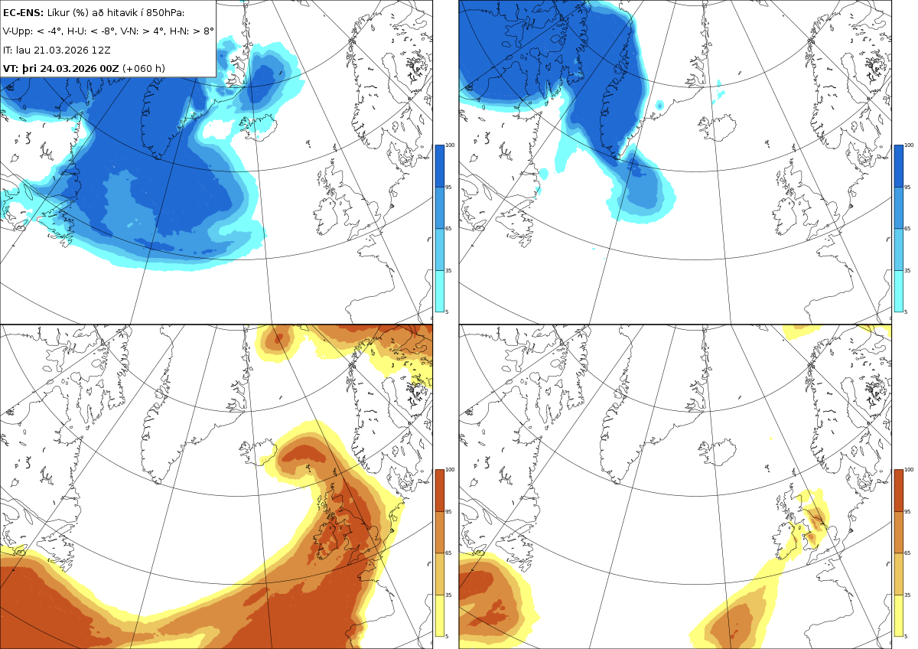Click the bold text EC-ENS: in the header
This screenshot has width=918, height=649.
[x=23, y=13]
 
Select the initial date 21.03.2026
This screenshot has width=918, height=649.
[x=61, y=50]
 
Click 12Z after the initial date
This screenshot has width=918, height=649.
[x=101, y=50]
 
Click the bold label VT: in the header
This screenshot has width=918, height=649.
[x=11, y=68]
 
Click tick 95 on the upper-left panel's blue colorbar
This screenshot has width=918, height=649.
[x=449, y=188]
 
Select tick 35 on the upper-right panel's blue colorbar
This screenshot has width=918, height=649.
[x=908, y=271]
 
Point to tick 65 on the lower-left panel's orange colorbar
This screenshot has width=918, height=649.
[x=449, y=553]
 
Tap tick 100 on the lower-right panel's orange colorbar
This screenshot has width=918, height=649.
[x=909, y=470]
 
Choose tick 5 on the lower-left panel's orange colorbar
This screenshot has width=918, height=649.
[x=447, y=636]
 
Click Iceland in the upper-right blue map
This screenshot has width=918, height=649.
[x=718, y=127]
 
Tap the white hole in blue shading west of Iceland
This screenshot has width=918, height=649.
[x=221, y=129]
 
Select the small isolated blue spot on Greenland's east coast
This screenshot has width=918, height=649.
[x=659, y=106]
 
